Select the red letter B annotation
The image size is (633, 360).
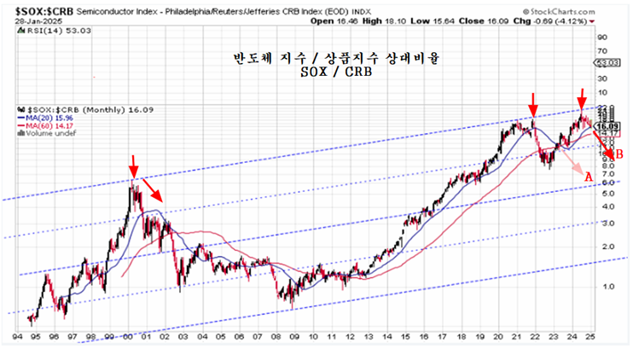coord(619,154)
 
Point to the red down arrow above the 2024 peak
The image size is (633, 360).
coord(582,96)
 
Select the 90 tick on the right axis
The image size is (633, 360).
coord(603,37)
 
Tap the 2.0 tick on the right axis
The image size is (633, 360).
coord(604,247)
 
